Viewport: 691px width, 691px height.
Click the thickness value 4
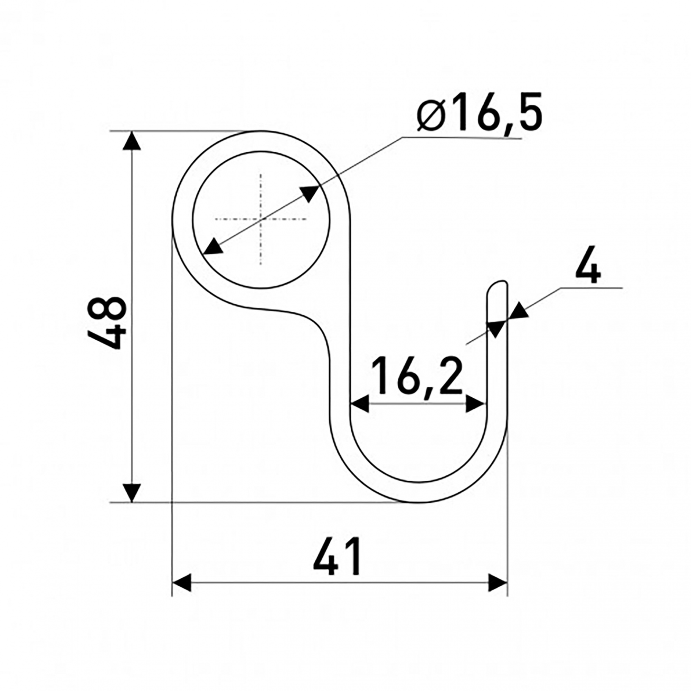click(x=588, y=264)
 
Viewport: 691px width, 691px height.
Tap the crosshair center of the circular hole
click(x=261, y=219)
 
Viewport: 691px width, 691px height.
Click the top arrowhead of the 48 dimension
click(x=132, y=141)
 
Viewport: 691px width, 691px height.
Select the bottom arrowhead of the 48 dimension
click(x=132, y=493)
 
